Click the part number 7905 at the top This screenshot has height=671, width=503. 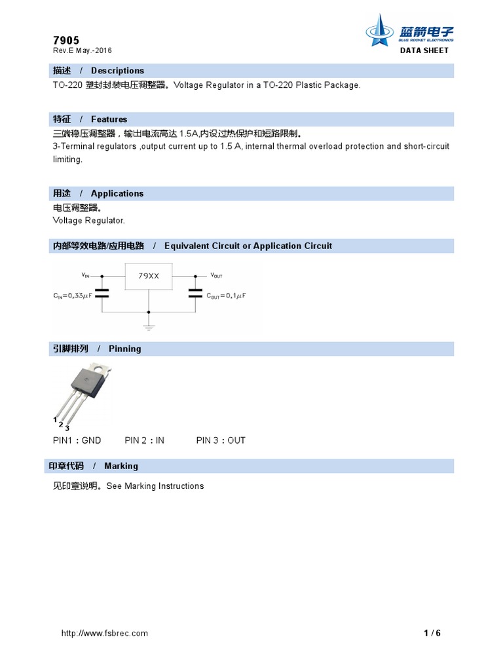65,40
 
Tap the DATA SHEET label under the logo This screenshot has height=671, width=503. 424,50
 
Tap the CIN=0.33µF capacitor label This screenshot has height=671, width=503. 72,296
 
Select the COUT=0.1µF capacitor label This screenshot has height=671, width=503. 226,296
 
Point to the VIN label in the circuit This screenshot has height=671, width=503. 86,275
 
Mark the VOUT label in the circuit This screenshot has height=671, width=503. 216,275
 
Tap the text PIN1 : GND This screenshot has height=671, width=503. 77,440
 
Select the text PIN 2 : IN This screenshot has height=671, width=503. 144,440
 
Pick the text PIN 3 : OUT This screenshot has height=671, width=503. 221,440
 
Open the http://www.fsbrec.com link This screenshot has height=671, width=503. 104,633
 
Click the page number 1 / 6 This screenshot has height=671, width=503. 432,633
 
